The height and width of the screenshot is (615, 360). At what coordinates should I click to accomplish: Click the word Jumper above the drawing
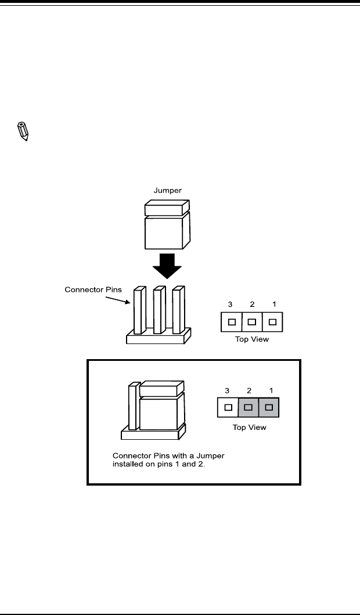(x=168, y=191)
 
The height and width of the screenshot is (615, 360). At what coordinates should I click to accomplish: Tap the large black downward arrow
(x=167, y=266)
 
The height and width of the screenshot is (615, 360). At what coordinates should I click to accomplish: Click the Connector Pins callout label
(x=93, y=290)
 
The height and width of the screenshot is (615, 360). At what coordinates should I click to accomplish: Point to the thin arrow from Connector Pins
(x=118, y=299)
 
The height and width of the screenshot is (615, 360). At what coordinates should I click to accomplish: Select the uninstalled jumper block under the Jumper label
(x=167, y=225)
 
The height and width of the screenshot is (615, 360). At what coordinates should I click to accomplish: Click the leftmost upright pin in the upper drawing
(x=139, y=310)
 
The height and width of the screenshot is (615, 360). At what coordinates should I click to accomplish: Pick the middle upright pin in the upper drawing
(x=159, y=310)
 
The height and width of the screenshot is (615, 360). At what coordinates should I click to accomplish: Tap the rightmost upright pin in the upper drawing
(x=178, y=310)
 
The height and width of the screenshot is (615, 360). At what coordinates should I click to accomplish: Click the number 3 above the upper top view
(x=230, y=304)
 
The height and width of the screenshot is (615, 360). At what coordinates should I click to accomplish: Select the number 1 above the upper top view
(x=274, y=304)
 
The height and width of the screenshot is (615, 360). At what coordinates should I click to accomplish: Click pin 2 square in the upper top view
(x=252, y=322)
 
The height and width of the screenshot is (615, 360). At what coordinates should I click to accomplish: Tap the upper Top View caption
(x=252, y=339)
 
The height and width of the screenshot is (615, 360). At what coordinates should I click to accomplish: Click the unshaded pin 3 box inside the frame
(x=228, y=407)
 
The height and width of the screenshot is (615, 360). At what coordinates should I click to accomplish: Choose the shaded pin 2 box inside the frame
(x=249, y=407)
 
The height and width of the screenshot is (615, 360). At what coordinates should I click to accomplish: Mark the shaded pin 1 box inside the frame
(x=269, y=407)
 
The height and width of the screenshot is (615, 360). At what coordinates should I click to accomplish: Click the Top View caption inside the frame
(x=249, y=427)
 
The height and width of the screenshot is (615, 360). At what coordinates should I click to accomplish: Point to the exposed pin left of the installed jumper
(x=134, y=406)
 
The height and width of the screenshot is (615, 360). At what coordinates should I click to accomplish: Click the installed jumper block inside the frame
(x=162, y=406)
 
